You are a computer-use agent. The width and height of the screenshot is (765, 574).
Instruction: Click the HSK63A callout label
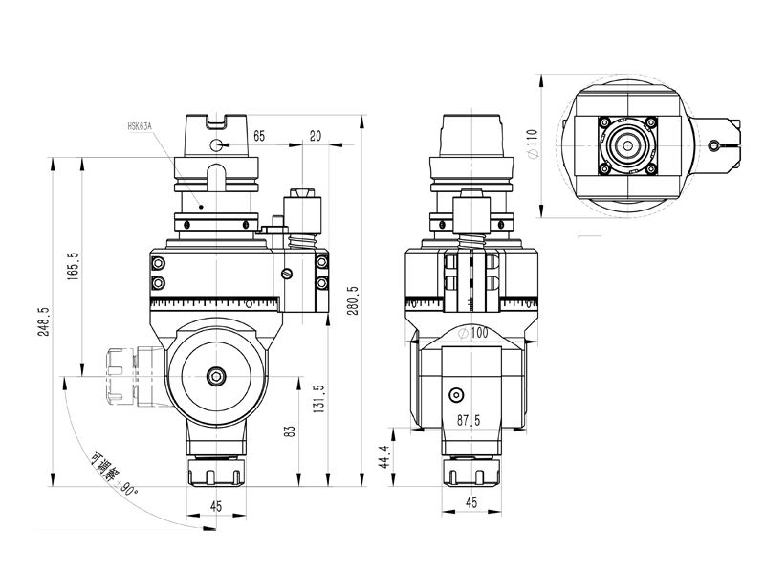141,125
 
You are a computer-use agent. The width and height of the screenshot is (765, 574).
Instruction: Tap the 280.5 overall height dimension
353,302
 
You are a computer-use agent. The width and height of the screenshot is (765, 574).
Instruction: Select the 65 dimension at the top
259,136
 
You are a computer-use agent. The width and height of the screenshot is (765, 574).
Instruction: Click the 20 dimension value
316,136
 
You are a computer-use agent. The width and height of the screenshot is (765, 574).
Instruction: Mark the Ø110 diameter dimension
532,145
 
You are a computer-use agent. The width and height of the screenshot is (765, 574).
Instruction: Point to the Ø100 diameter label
474,333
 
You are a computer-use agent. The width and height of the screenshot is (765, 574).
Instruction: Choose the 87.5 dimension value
469,420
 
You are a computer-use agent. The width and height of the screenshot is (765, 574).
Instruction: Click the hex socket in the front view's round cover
215,376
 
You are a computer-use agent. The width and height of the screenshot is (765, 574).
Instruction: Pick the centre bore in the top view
627,145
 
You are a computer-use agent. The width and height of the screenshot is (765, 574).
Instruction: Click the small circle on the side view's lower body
457,395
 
